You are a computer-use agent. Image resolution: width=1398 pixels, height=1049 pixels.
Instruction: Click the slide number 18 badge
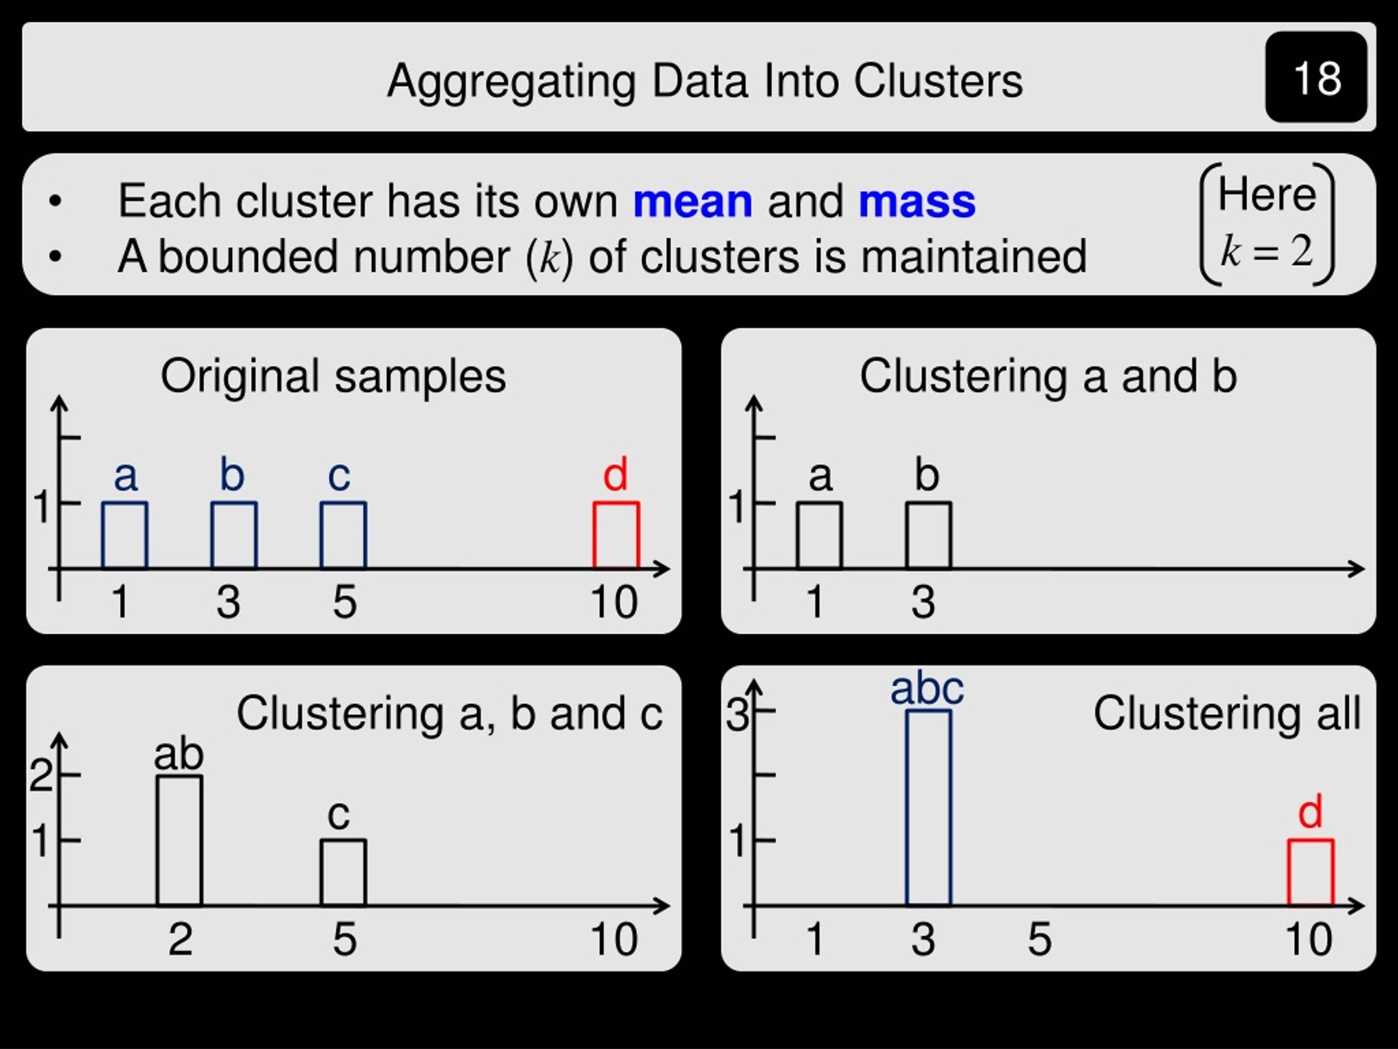click(1317, 77)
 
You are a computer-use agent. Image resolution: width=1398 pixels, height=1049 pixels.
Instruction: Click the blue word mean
click(692, 201)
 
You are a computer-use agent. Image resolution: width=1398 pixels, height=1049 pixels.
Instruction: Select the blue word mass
click(917, 202)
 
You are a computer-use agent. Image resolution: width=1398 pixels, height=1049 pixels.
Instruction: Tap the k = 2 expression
click(1266, 251)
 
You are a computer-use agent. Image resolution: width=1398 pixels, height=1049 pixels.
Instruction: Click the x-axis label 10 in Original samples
click(614, 602)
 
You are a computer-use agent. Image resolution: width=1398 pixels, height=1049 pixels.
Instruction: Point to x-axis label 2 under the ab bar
click(180, 940)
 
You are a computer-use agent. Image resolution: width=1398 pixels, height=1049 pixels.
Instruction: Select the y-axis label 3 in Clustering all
click(737, 715)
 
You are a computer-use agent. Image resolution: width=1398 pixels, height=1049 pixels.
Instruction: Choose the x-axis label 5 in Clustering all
click(1040, 940)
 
